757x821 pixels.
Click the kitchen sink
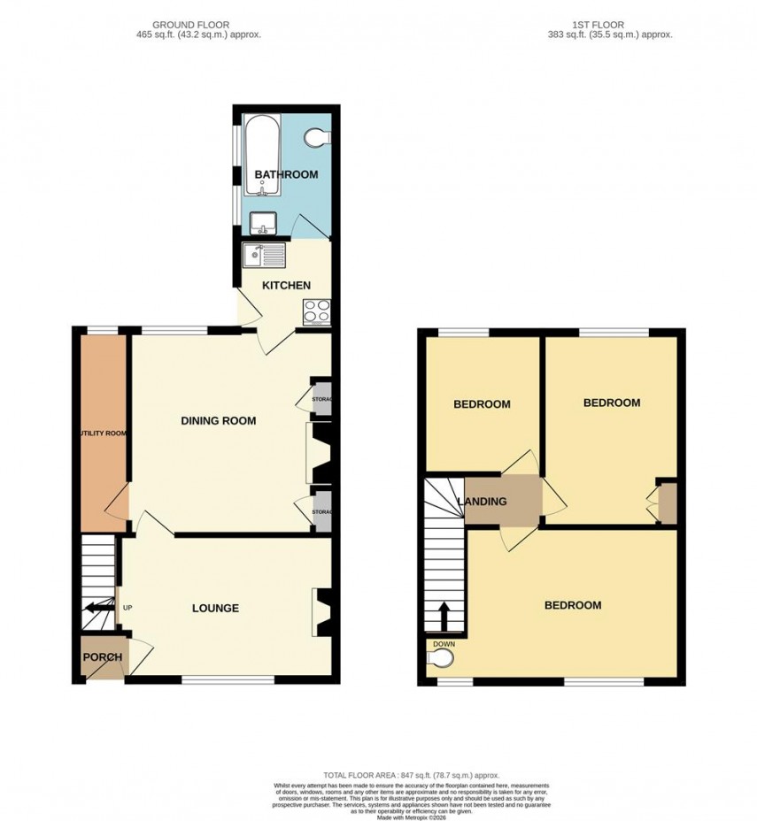coord(265,257)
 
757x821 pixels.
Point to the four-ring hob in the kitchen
coord(317,311)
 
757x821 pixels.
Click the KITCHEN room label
coord(285,285)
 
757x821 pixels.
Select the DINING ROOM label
coord(218,421)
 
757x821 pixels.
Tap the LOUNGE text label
coord(216,608)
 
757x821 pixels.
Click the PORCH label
coord(102,657)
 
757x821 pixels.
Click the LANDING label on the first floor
coord(482,502)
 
